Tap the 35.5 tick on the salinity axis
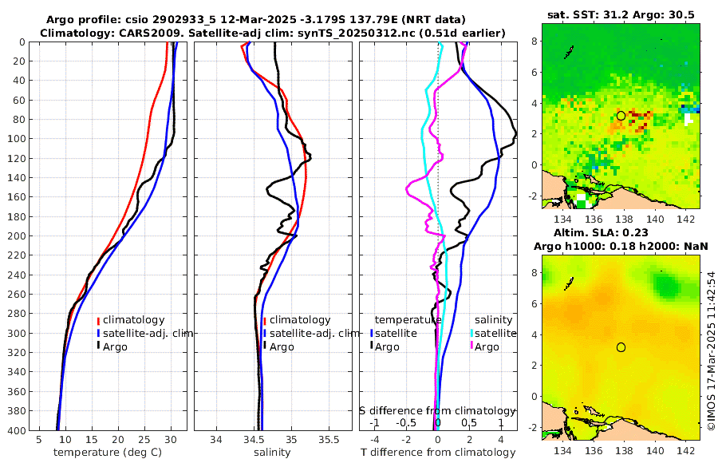tap(329, 439)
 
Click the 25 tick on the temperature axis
tap(144, 439)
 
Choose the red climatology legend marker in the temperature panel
tap(98, 320)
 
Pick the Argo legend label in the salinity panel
tap(281, 347)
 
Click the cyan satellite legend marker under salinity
tap(471, 333)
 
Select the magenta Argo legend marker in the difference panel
tap(471, 346)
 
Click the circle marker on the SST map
tap(621, 116)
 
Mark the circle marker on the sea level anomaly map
tap(621, 347)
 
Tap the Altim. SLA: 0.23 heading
tap(620, 231)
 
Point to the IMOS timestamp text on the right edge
tap(711, 352)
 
